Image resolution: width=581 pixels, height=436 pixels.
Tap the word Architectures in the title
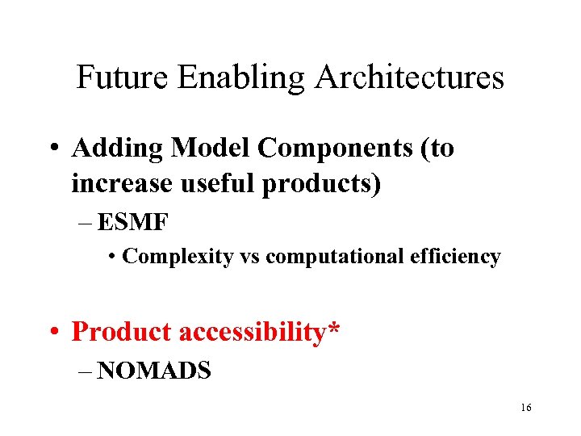[x=410, y=78]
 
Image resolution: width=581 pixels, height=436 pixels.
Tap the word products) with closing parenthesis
[x=321, y=184]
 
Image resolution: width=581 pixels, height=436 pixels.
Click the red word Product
[x=121, y=332]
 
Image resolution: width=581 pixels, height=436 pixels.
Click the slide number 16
[x=526, y=408]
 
